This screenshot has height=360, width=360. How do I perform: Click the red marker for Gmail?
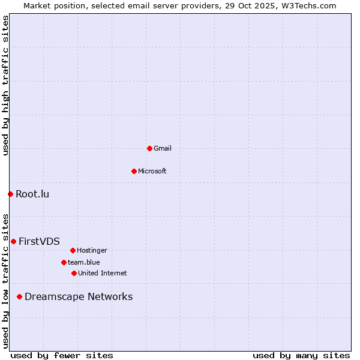(149, 148)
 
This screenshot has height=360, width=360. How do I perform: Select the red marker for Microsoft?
(134, 171)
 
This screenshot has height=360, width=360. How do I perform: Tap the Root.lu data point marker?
(10, 194)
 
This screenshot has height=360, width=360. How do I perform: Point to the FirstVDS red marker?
(13, 241)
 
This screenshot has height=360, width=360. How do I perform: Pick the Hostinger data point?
(73, 250)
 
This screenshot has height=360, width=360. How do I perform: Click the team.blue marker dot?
(64, 262)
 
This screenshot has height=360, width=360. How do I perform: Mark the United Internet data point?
(74, 273)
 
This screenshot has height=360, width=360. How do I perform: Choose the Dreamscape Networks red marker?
(19, 296)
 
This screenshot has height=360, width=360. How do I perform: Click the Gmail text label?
(163, 148)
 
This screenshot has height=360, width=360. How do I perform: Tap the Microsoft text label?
(152, 171)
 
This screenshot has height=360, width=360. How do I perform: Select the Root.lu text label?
(32, 194)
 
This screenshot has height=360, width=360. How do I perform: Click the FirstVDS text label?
(39, 241)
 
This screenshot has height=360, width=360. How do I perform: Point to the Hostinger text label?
(92, 250)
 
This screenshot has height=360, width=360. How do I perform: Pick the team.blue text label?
(84, 262)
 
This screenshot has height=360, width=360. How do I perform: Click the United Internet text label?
(103, 273)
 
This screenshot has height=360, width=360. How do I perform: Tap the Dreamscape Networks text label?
(79, 296)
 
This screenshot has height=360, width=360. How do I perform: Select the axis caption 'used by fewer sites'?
(62, 355)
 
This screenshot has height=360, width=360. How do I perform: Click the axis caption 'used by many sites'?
(301, 355)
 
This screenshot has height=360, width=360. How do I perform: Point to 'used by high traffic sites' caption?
(5, 85)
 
